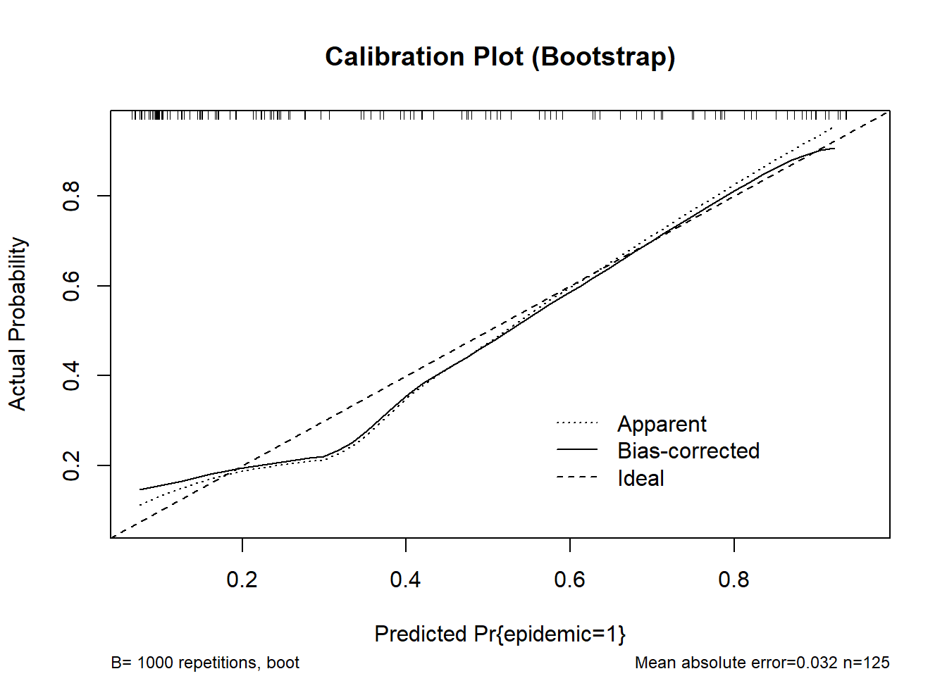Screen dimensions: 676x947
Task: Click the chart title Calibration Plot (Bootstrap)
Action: point(500,57)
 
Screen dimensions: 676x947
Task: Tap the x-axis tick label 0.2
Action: point(242,580)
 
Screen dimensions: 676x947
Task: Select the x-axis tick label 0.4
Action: point(405,580)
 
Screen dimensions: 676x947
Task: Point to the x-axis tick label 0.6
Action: point(569,580)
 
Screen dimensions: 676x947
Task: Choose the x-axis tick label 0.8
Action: point(734,580)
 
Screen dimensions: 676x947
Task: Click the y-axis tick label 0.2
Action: point(71,465)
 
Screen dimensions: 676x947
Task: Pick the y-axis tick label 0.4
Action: point(71,375)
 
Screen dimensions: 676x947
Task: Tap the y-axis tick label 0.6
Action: point(71,286)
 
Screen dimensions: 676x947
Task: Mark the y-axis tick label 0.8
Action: point(71,196)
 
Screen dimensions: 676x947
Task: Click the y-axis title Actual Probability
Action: point(17,324)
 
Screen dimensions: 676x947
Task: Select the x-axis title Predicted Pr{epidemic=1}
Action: point(500,634)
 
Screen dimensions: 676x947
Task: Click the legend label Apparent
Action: point(662,424)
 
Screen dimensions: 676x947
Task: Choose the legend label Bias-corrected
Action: point(688,451)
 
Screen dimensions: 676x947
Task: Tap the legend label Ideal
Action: point(640,478)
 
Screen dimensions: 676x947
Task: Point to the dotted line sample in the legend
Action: point(577,423)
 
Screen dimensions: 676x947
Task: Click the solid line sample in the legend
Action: point(577,449)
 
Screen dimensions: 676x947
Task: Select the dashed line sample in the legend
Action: point(577,477)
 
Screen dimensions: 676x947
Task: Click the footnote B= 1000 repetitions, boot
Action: point(205,663)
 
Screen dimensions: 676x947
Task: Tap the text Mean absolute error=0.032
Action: point(736,663)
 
